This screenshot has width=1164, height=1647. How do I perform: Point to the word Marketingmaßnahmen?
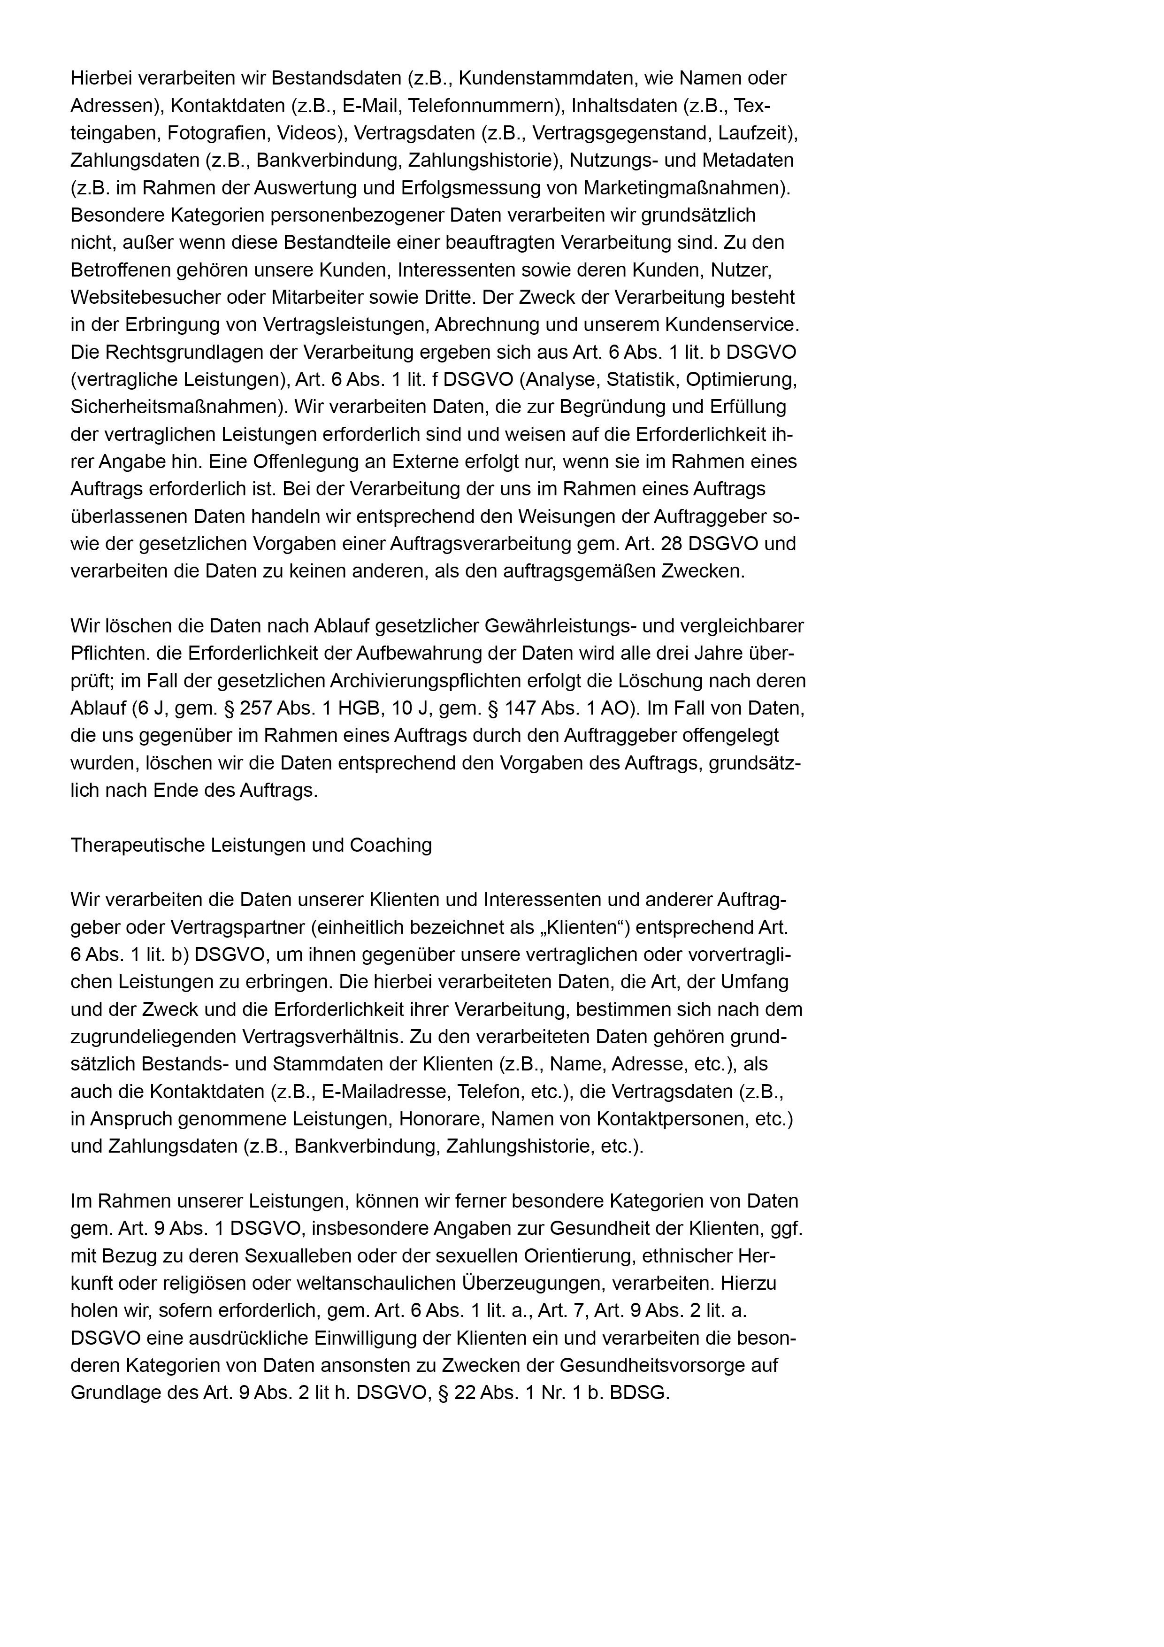click(x=684, y=188)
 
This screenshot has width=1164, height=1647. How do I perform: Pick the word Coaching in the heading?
click(x=390, y=845)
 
